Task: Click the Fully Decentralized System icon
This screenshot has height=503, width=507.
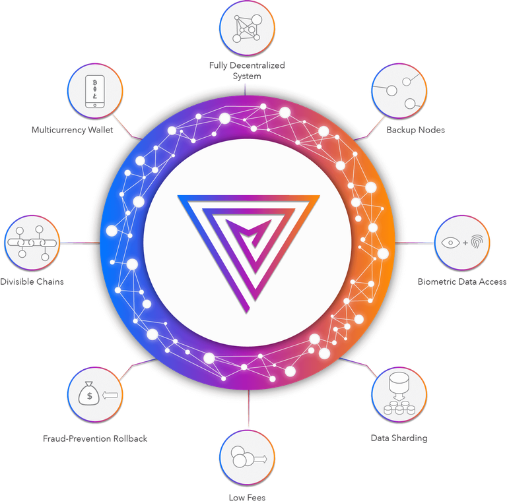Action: pos(247,28)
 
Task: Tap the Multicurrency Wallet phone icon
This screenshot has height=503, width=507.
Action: pos(95,92)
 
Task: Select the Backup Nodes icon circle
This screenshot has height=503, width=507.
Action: pos(399,91)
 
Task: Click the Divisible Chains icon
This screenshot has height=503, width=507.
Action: pos(32,243)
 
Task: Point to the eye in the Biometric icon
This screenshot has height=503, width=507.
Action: pos(450,243)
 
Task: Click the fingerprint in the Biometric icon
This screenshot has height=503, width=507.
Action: pos(477,242)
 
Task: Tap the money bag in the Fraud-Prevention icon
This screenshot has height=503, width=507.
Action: pos(89,394)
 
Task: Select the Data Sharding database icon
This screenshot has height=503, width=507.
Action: pos(399,394)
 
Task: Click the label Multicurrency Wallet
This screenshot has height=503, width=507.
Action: pos(73,130)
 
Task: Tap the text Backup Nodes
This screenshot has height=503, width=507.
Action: pos(415,130)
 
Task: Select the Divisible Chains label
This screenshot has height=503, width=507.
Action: pos(32,281)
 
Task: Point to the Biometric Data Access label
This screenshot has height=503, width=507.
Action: pos(462,281)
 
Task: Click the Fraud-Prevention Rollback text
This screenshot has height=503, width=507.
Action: pos(95,438)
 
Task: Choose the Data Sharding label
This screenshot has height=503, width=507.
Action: pos(399,438)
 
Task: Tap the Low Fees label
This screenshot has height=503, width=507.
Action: pos(247,498)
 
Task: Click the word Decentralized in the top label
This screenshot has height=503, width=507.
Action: pos(257,65)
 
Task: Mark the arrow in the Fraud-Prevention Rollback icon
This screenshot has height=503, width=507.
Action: pos(110,394)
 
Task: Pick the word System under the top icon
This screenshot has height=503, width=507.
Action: pos(247,76)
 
